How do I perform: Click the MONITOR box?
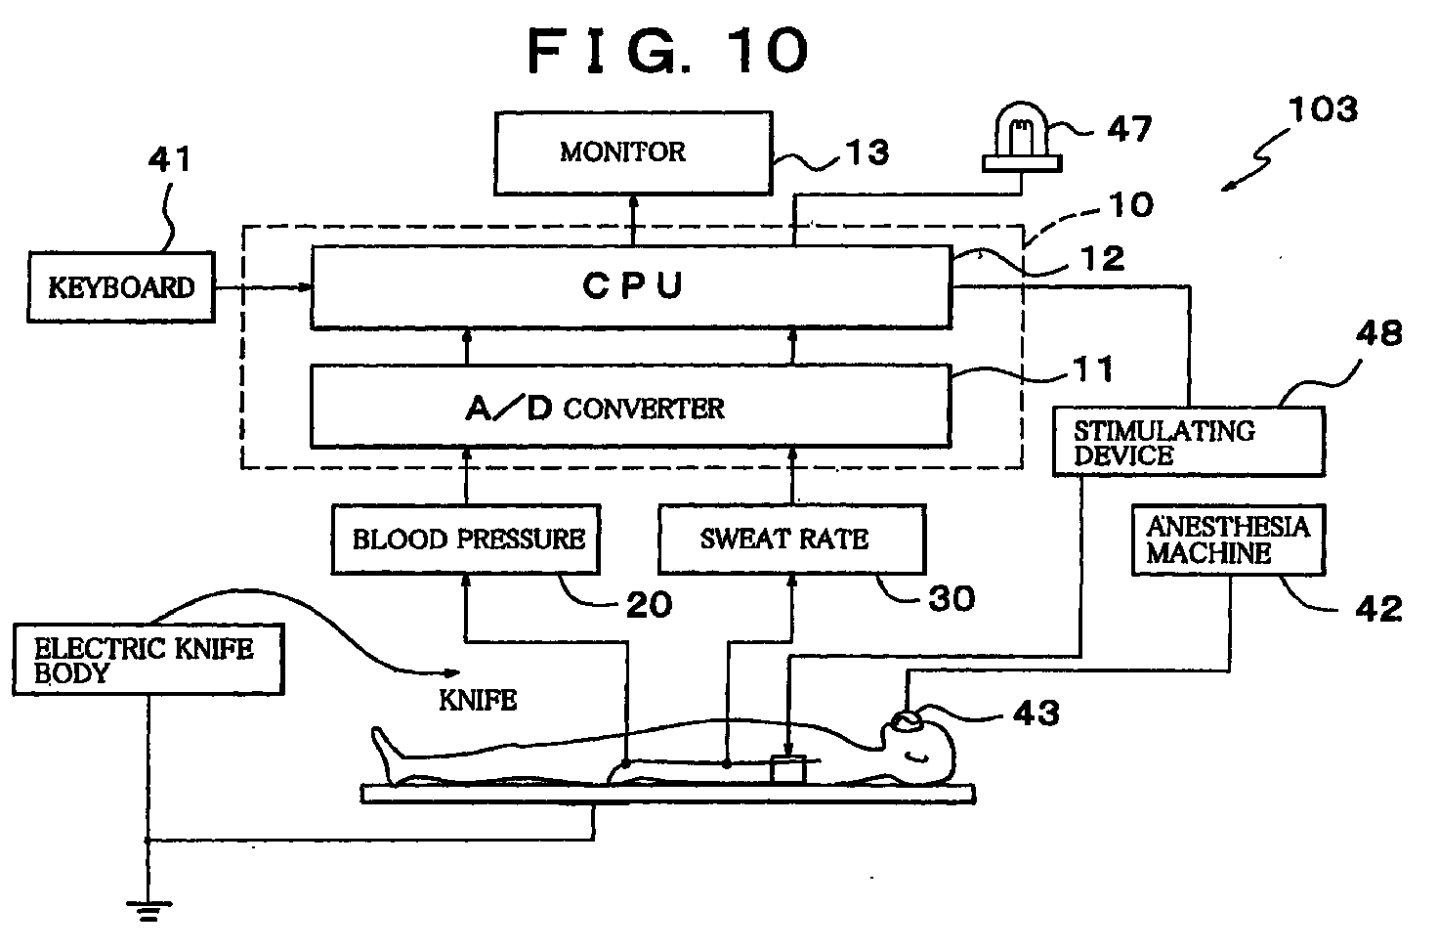point(633,152)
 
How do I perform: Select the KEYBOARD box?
point(121,287)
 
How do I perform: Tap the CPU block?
point(631,287)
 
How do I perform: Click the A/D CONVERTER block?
point(631,406)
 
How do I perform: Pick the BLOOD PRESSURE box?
point(466,539)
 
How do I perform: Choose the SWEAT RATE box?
point(792,539)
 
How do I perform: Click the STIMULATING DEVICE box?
point(1189,441)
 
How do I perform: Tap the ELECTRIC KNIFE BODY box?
point(148,659)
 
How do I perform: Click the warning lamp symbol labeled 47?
point(1022,138)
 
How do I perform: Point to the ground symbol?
point(148,911)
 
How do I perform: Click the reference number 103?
point(1323,109)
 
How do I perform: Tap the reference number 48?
point(1379,333)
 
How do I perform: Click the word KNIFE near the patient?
point(478,700)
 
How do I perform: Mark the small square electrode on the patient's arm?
point(787,769)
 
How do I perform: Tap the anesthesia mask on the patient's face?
point(907,721)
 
